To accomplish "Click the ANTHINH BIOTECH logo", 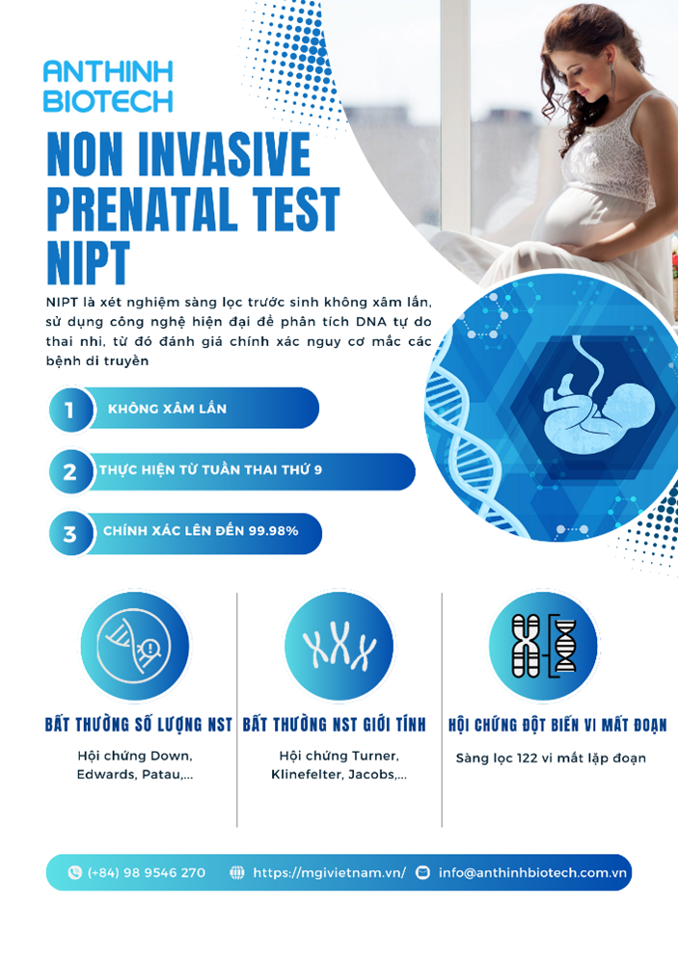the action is pyautogui.click(x=108, y=86).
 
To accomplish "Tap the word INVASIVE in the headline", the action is pyautogui.click(x=225, y=154).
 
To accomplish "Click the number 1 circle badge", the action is pyautogui.click(x=70, y=410).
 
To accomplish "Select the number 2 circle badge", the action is pyautogui.click(x=70, y=471).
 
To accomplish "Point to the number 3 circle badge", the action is pyautogui.click(x=70, y=533).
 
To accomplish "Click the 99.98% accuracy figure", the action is pyautogui.click(x=273, y=531).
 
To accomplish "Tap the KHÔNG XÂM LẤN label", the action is pyautogui.click(x=167, y=409).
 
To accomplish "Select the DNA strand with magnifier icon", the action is pyautogui.click(x=135, y=646).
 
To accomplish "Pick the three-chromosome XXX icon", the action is pyautogui.click(x=339, y=645).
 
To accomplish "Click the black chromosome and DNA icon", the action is pyautogui.click(x=543, y=646).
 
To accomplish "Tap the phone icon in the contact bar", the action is pyautogui.click(x=75, y=872).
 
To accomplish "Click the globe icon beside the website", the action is pyautogui.click(x=237, y=872).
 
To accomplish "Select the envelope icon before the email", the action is pyautogui.click(x=422, y=872).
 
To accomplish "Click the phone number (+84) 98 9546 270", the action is pyautogui.click(x=147, y=873).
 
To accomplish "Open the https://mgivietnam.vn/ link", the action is pyautogui.click(x=329, y=873).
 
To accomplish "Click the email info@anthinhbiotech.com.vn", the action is pyautogui.click(x=533, y=873).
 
